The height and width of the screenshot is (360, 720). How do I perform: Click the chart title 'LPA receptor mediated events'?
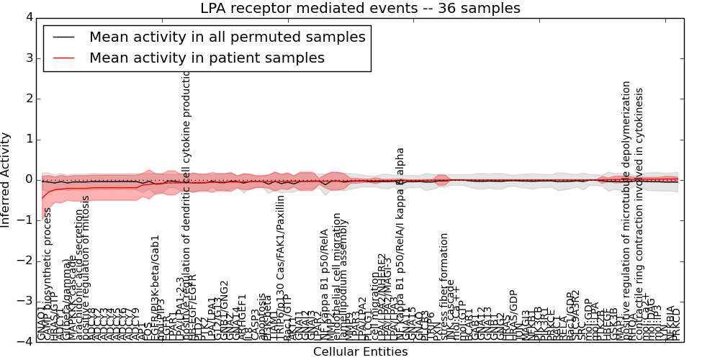pos(360,9)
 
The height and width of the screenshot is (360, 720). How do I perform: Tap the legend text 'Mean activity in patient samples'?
pos(207,58)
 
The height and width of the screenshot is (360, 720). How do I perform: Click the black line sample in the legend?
pos(63,37)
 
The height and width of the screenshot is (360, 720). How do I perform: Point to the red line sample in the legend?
pos(63,58)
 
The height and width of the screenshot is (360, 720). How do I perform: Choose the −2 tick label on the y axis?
pos(25,261)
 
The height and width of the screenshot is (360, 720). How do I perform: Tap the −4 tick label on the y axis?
pos(25,341)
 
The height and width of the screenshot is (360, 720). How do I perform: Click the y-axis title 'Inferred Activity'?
pos(6,179)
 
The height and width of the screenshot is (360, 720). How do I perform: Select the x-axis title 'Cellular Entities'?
pos(360,352)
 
